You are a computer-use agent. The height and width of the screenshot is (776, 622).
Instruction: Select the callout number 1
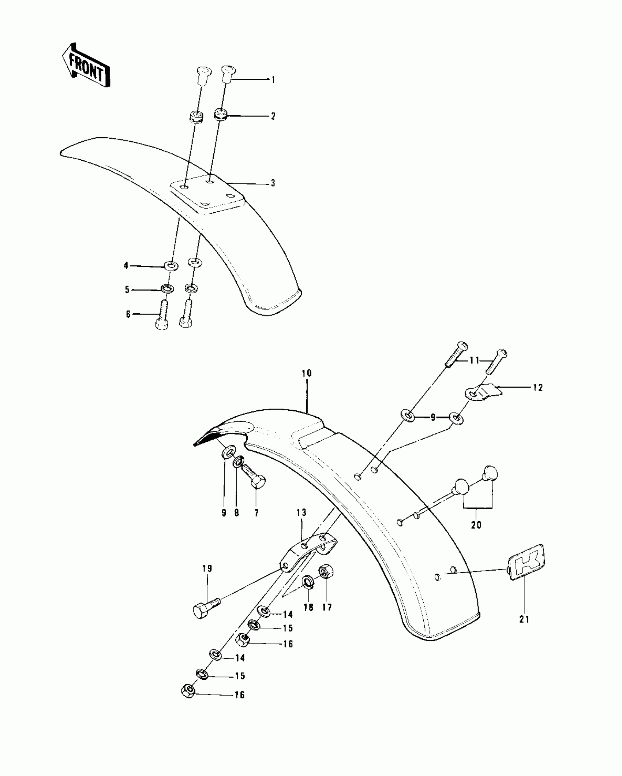click(x=273, y=80)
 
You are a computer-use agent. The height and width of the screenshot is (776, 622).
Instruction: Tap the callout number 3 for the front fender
click(x=273, y=183)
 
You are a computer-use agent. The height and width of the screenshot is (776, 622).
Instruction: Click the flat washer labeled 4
click(x=171, y=265)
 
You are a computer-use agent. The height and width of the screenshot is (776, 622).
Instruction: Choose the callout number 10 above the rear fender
click(x=307, y=374)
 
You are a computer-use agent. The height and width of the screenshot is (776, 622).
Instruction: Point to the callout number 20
click(x=476, y=525)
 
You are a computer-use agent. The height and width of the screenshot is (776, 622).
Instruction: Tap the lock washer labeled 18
click(x=307, y=582)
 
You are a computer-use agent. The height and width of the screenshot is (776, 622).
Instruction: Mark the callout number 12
click(x=538, y=387)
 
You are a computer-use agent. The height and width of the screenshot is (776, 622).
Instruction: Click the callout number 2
click(x=273, y=116)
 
